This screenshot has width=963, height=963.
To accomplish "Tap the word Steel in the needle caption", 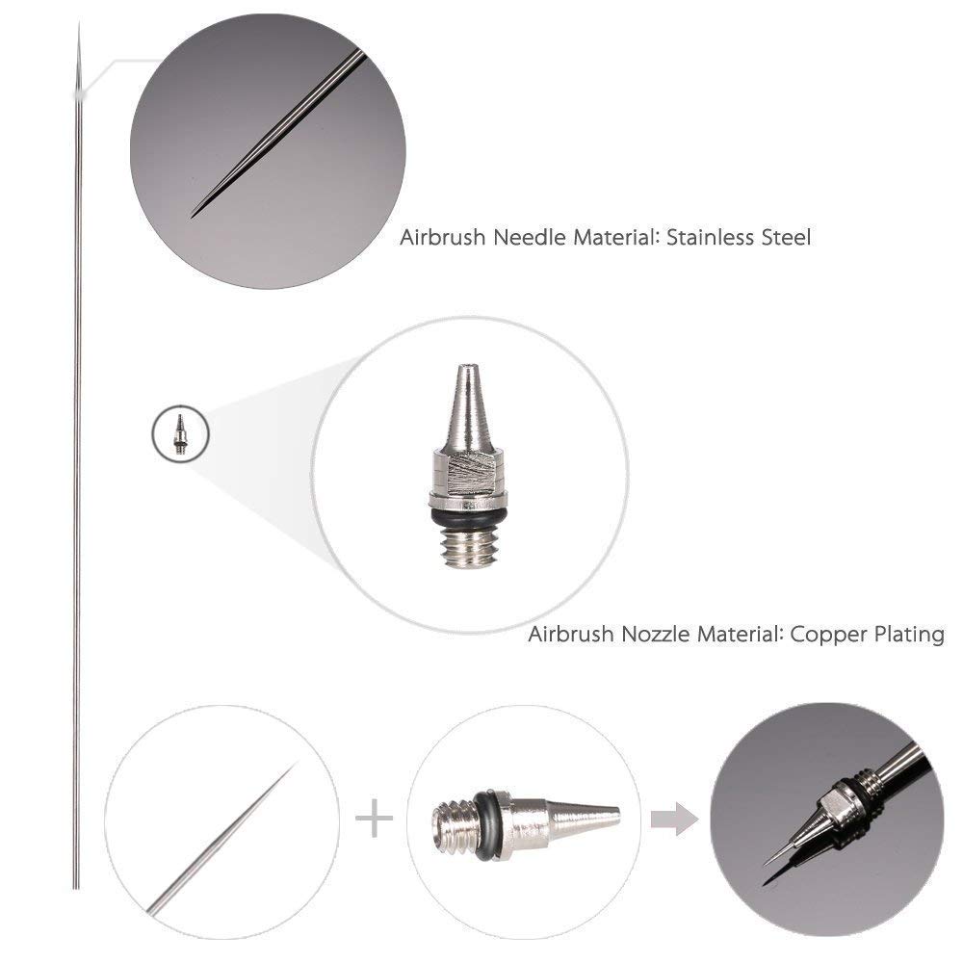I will point(786,237).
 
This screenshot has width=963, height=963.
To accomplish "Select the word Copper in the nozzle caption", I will point(831,635).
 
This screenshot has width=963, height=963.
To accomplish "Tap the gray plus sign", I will point(375,820).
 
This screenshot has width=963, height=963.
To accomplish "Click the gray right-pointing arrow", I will point(674,820).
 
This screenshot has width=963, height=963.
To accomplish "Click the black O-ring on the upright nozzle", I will point(468,521).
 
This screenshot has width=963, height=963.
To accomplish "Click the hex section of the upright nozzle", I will point(468,477).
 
